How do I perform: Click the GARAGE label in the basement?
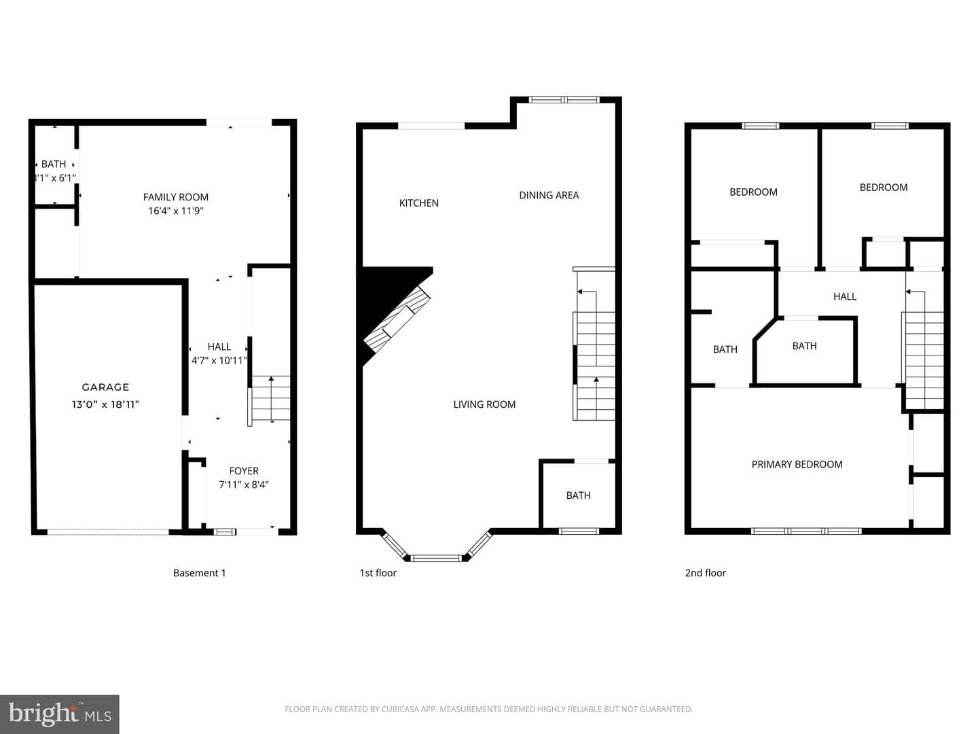click(105, 387)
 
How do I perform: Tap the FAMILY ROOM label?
click(175, 197)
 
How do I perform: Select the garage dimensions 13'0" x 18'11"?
click(105, 404)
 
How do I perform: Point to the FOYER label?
click(244, 470)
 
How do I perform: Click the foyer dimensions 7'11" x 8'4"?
click(244, 485)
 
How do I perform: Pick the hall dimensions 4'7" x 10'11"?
click(219, 360)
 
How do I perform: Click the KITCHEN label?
click(419, 203)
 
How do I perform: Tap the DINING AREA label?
click(549, 195)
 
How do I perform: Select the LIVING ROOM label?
click(484, 404)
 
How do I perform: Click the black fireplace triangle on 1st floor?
click(383, 294)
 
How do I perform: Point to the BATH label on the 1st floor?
click(579, 495)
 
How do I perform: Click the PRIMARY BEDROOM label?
click(797, 464)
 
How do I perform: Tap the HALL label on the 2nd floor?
click(845, 296)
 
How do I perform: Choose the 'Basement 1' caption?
click(199, 573)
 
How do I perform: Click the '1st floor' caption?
click(378, 573)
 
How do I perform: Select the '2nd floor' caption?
click(706, 573)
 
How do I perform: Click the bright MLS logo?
click(59, 714)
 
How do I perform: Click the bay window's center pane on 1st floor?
click(437, 557)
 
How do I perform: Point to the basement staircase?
click(270, 398)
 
